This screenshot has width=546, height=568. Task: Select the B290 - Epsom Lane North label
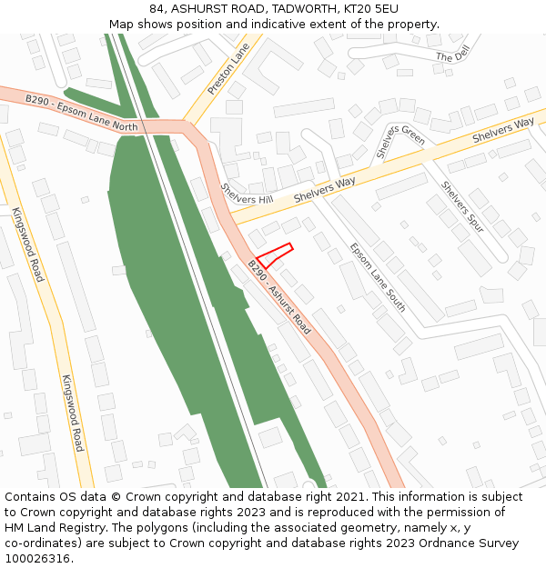(x=81, y=114)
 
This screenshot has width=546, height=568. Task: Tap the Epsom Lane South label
(x=378, y=277)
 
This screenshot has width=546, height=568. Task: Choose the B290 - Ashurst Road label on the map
(x=278, y=296)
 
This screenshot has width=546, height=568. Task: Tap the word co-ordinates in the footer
(x=43, y=543)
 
